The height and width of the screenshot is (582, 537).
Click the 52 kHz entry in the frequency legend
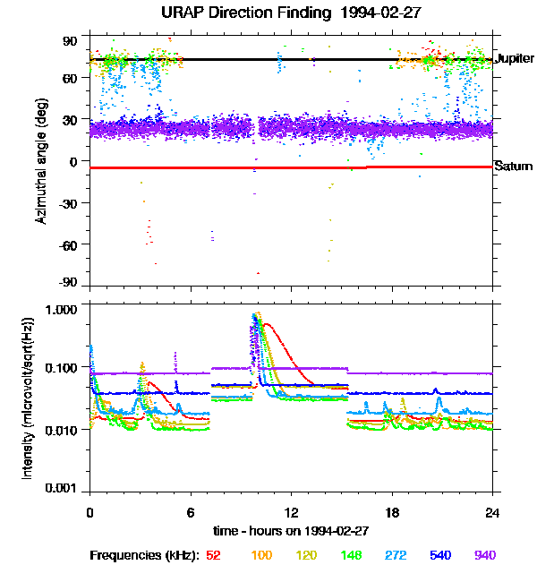tap(213, 555)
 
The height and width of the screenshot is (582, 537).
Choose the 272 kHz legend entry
tap(396, 555)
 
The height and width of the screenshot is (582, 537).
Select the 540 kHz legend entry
tap(440, 555)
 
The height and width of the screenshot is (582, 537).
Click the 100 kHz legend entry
tap(261, 555)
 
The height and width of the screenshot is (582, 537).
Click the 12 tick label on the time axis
tap(291, 512)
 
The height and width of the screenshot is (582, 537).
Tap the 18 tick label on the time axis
tap(392, 512)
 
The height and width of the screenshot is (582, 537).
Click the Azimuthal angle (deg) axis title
tap(42, 162)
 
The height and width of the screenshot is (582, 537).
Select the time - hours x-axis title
tap(291, 530)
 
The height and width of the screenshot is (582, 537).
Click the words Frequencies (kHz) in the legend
tap(143, 555)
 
